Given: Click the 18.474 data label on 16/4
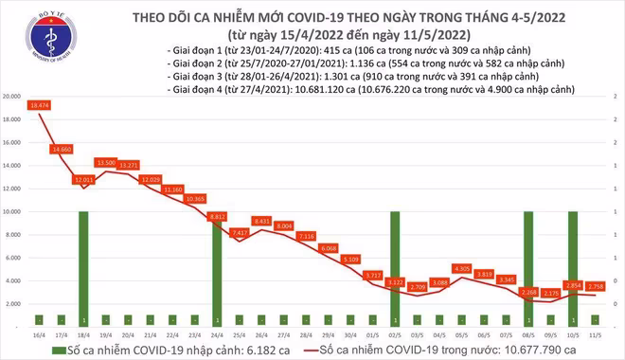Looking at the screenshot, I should [39, 104].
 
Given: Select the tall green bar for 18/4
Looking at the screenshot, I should [83, 267].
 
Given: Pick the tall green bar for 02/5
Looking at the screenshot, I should [393, 267].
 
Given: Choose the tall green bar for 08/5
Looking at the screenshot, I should [527, 267].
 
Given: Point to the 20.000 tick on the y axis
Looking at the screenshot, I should [12, 97].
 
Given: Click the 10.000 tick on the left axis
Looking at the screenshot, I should [12, 212].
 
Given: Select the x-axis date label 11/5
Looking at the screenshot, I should [593, 333].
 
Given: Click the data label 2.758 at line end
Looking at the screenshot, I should [598, 285].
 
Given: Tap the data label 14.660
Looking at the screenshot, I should [62, 149].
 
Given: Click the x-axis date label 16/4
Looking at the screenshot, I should [39, 333].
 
